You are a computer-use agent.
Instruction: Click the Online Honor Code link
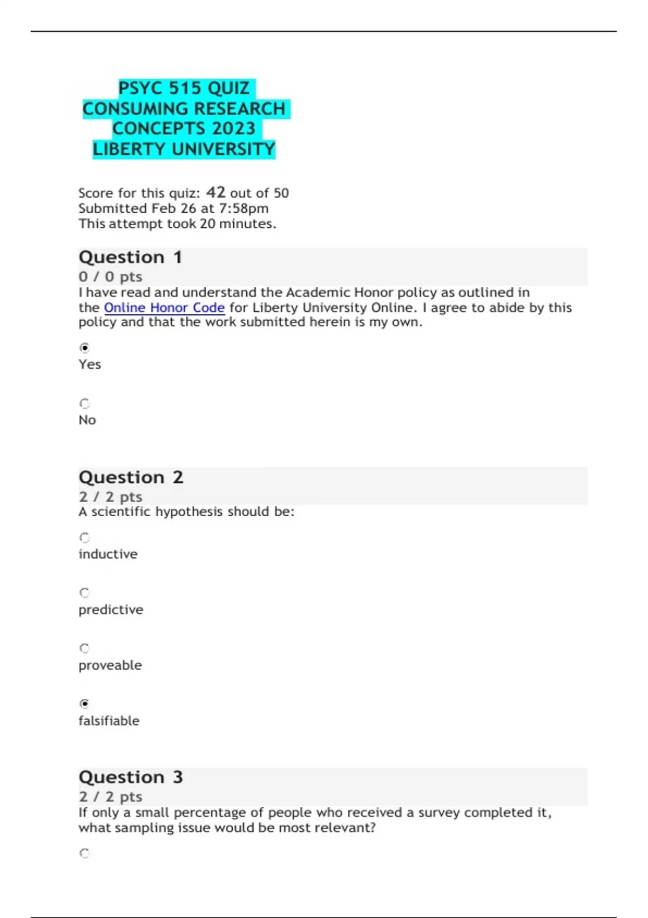pos(164,308)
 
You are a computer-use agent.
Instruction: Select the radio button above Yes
pos(84,348)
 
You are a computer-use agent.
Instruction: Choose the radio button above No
pos(84,403)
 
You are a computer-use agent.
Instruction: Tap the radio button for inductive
pos(84,538)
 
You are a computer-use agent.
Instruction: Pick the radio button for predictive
pos(84,593)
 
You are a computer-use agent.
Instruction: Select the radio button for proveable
pos(84,649)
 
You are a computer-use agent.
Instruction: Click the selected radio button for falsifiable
pos(84,704)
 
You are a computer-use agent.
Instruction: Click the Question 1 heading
pos(130,258)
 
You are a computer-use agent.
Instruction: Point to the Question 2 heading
pos(131,477)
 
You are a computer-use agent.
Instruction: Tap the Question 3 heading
pos(131,777)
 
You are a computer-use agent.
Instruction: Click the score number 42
pos(215,192)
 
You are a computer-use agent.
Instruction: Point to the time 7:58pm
pos(243,208)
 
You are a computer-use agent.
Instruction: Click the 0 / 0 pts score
pos(110,277)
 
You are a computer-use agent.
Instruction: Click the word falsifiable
pos(109,721)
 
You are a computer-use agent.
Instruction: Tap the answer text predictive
pos(111,610)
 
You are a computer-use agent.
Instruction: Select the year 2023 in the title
pos(233,129)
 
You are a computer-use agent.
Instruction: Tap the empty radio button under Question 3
pos(84,854)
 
